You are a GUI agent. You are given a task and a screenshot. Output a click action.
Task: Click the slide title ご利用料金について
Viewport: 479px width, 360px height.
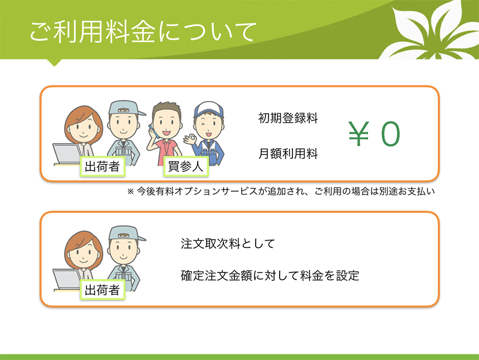(143, 32)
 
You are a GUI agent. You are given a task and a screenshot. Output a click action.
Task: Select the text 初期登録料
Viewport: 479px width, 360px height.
(288, 118)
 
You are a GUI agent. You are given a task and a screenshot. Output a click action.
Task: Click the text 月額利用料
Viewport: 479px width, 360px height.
(288, 153)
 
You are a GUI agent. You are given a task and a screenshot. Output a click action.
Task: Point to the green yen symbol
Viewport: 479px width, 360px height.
(359, 134)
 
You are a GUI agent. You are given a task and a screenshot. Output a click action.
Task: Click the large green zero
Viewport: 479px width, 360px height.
(390, 134)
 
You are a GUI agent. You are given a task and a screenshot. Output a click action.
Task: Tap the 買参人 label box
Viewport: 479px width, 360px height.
(185, 166)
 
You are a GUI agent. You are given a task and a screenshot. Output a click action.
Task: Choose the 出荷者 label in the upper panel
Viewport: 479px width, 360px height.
(102, 167)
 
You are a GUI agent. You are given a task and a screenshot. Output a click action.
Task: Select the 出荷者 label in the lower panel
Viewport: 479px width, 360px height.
(102, 290)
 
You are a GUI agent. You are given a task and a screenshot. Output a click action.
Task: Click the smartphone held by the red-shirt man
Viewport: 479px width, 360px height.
(152, 131)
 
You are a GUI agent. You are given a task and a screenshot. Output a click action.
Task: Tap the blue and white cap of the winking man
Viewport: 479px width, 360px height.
(209, 111)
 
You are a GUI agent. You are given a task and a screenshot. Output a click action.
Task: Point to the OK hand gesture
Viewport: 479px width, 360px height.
(190, 139)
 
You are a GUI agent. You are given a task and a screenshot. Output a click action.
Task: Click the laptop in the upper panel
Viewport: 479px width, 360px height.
(67, 154)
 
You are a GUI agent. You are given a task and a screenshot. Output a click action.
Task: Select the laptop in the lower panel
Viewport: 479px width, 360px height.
(67, 280)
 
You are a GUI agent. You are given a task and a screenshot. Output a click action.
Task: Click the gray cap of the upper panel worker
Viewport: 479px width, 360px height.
(126, 109)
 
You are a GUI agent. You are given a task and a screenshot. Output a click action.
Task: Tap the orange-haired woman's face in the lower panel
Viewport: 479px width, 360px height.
(83, 252)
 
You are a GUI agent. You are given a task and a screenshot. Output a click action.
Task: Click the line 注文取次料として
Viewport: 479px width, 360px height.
(228, 244)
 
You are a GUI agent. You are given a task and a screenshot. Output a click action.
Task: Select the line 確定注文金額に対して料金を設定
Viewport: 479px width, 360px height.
(270, 276)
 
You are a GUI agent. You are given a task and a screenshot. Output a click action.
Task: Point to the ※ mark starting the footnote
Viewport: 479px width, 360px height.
(130, 192)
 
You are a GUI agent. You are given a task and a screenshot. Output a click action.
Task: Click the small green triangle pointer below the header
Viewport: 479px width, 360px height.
(55, 62)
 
